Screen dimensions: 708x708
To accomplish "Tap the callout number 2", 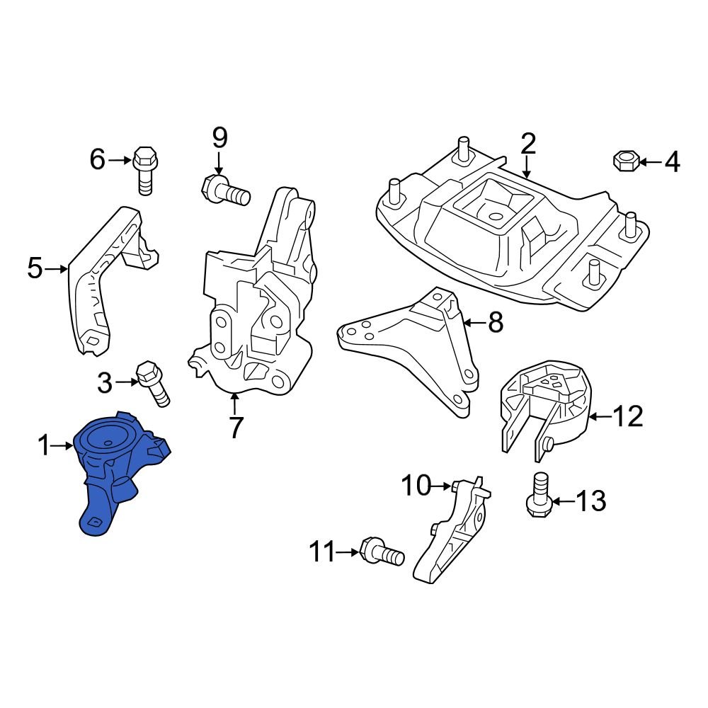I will point(528,144).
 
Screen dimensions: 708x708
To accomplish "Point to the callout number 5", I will point(35,269).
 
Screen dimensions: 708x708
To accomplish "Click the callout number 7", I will point(235,427).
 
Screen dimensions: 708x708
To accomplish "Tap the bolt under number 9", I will point(227,190).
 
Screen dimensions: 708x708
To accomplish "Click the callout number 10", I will point(416,486).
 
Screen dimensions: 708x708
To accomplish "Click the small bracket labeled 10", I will point(453,531).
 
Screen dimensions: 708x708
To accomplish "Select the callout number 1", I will point(44,445).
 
